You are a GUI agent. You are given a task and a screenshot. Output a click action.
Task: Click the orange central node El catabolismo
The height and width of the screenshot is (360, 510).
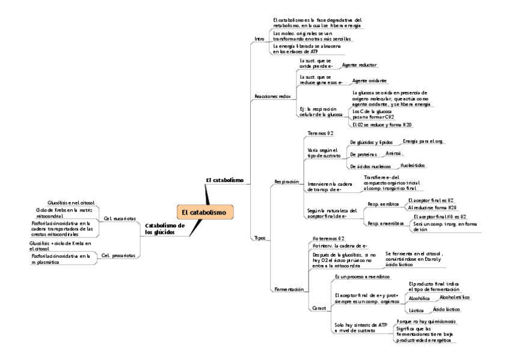[x=205, y=212]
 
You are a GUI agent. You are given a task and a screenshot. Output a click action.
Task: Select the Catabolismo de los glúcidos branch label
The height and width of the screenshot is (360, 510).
[x=164, y=229]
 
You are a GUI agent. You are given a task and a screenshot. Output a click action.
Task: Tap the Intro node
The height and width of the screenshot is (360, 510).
[x=260, y=38]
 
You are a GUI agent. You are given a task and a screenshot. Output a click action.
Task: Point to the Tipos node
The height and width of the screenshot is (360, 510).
[x=260, y=238]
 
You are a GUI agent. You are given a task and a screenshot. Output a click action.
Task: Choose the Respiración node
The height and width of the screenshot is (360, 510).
[x=286, y=181]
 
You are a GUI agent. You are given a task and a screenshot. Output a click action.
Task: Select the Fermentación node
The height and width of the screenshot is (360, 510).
[x=289, y=288]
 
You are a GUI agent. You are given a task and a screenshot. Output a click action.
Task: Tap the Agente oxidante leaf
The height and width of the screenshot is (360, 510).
[x=369, y=80]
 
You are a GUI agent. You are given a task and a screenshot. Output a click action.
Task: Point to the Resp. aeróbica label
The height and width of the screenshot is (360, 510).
[x=382, y=204]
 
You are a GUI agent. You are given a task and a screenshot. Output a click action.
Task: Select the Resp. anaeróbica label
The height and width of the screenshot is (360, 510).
[x=386, y=223]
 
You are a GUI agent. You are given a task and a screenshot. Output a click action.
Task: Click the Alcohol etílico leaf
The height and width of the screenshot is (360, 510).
[x=455, y=297]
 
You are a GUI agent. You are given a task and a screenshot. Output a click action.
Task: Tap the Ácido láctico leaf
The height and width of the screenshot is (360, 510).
[x=446, y=309]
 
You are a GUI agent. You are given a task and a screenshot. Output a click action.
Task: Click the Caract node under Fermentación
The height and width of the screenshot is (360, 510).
[x=319, y=308]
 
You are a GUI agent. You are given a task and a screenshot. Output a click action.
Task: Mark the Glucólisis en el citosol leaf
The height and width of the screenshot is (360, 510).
[x=71, y=203]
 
